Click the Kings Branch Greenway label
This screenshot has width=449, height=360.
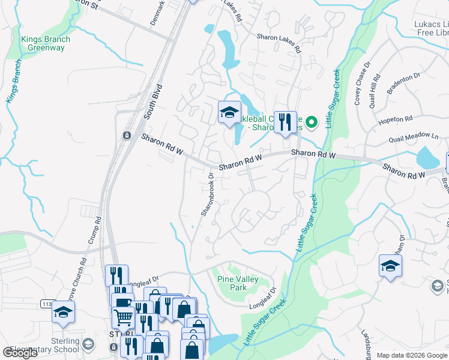point(45,44)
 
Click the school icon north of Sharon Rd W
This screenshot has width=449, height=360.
point(229,112)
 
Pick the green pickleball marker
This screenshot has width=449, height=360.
point(311,123)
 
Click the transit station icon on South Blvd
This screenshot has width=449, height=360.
point(127,136)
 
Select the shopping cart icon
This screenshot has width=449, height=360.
point(123,316)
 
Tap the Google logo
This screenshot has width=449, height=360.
point(20,353)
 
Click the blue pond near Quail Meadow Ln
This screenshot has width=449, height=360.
point(427,158)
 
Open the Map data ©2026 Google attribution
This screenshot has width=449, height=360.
point(412,355)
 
